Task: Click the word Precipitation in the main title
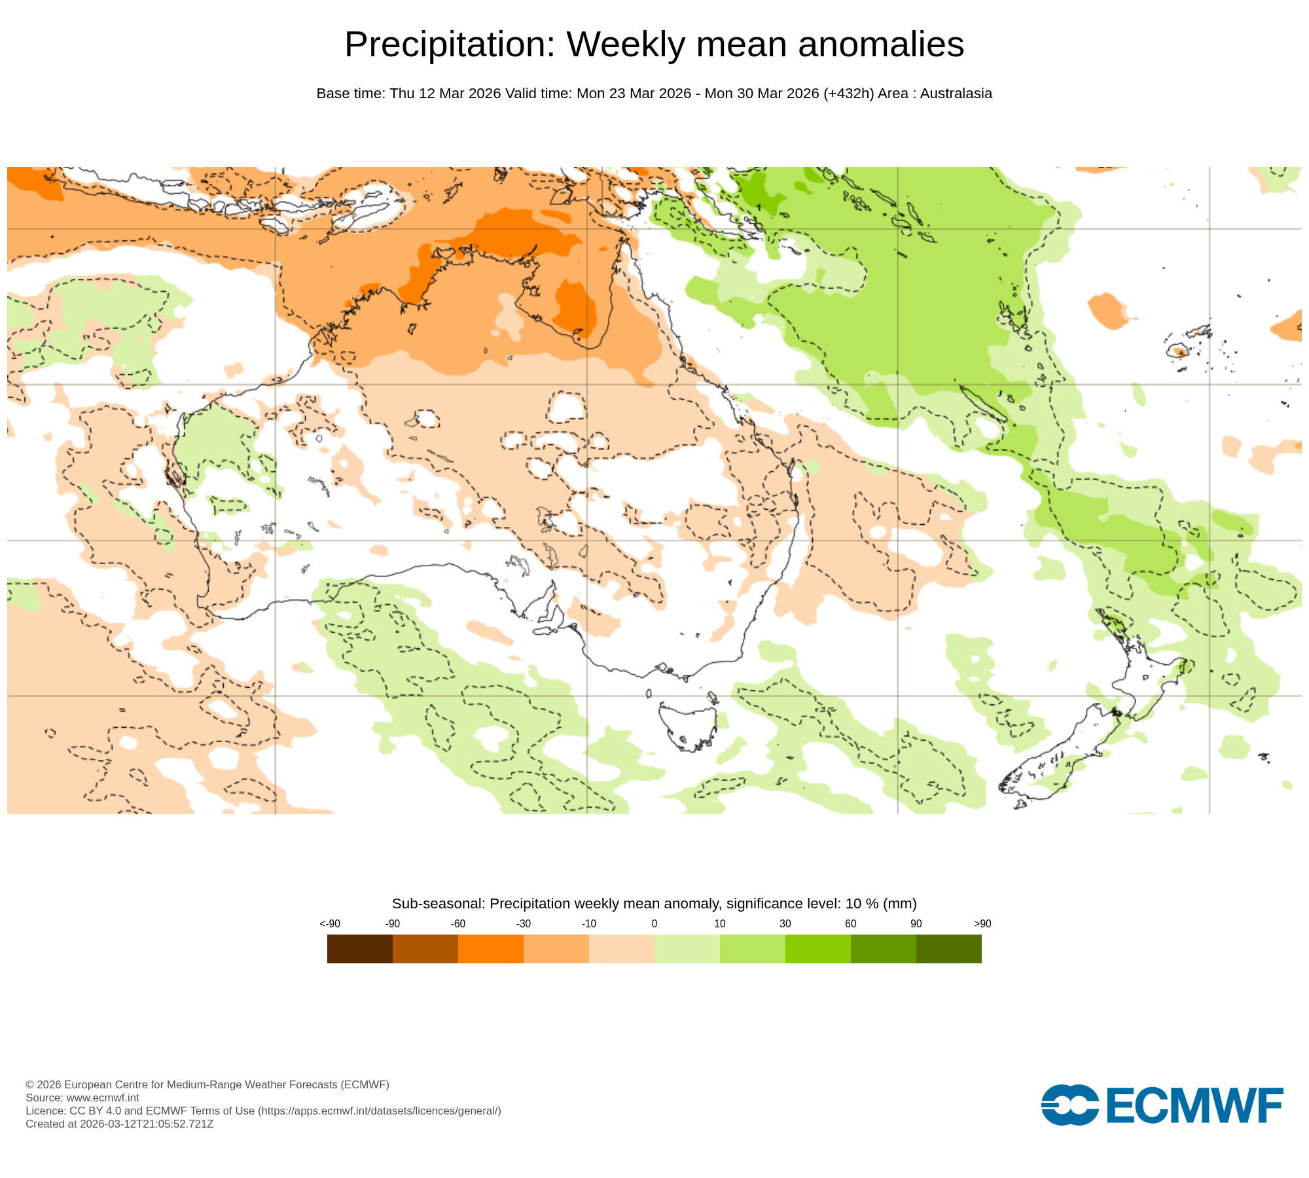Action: pos(449,45)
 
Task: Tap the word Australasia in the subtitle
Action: pos(956,94)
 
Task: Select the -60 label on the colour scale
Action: pos(457,923)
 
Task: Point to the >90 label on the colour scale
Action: pos(982,923)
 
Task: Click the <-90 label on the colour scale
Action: pos(330,923)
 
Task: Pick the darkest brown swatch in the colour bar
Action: pos(359,948)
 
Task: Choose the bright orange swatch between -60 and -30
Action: pos(490,948)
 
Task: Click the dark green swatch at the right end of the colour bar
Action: pos(948,948)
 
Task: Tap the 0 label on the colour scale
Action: pos(654,923)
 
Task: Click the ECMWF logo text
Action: pos(1194,1105)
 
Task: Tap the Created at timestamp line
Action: pos(119,1124)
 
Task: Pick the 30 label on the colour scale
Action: pos(785,923)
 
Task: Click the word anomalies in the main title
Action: pos(881,45)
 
